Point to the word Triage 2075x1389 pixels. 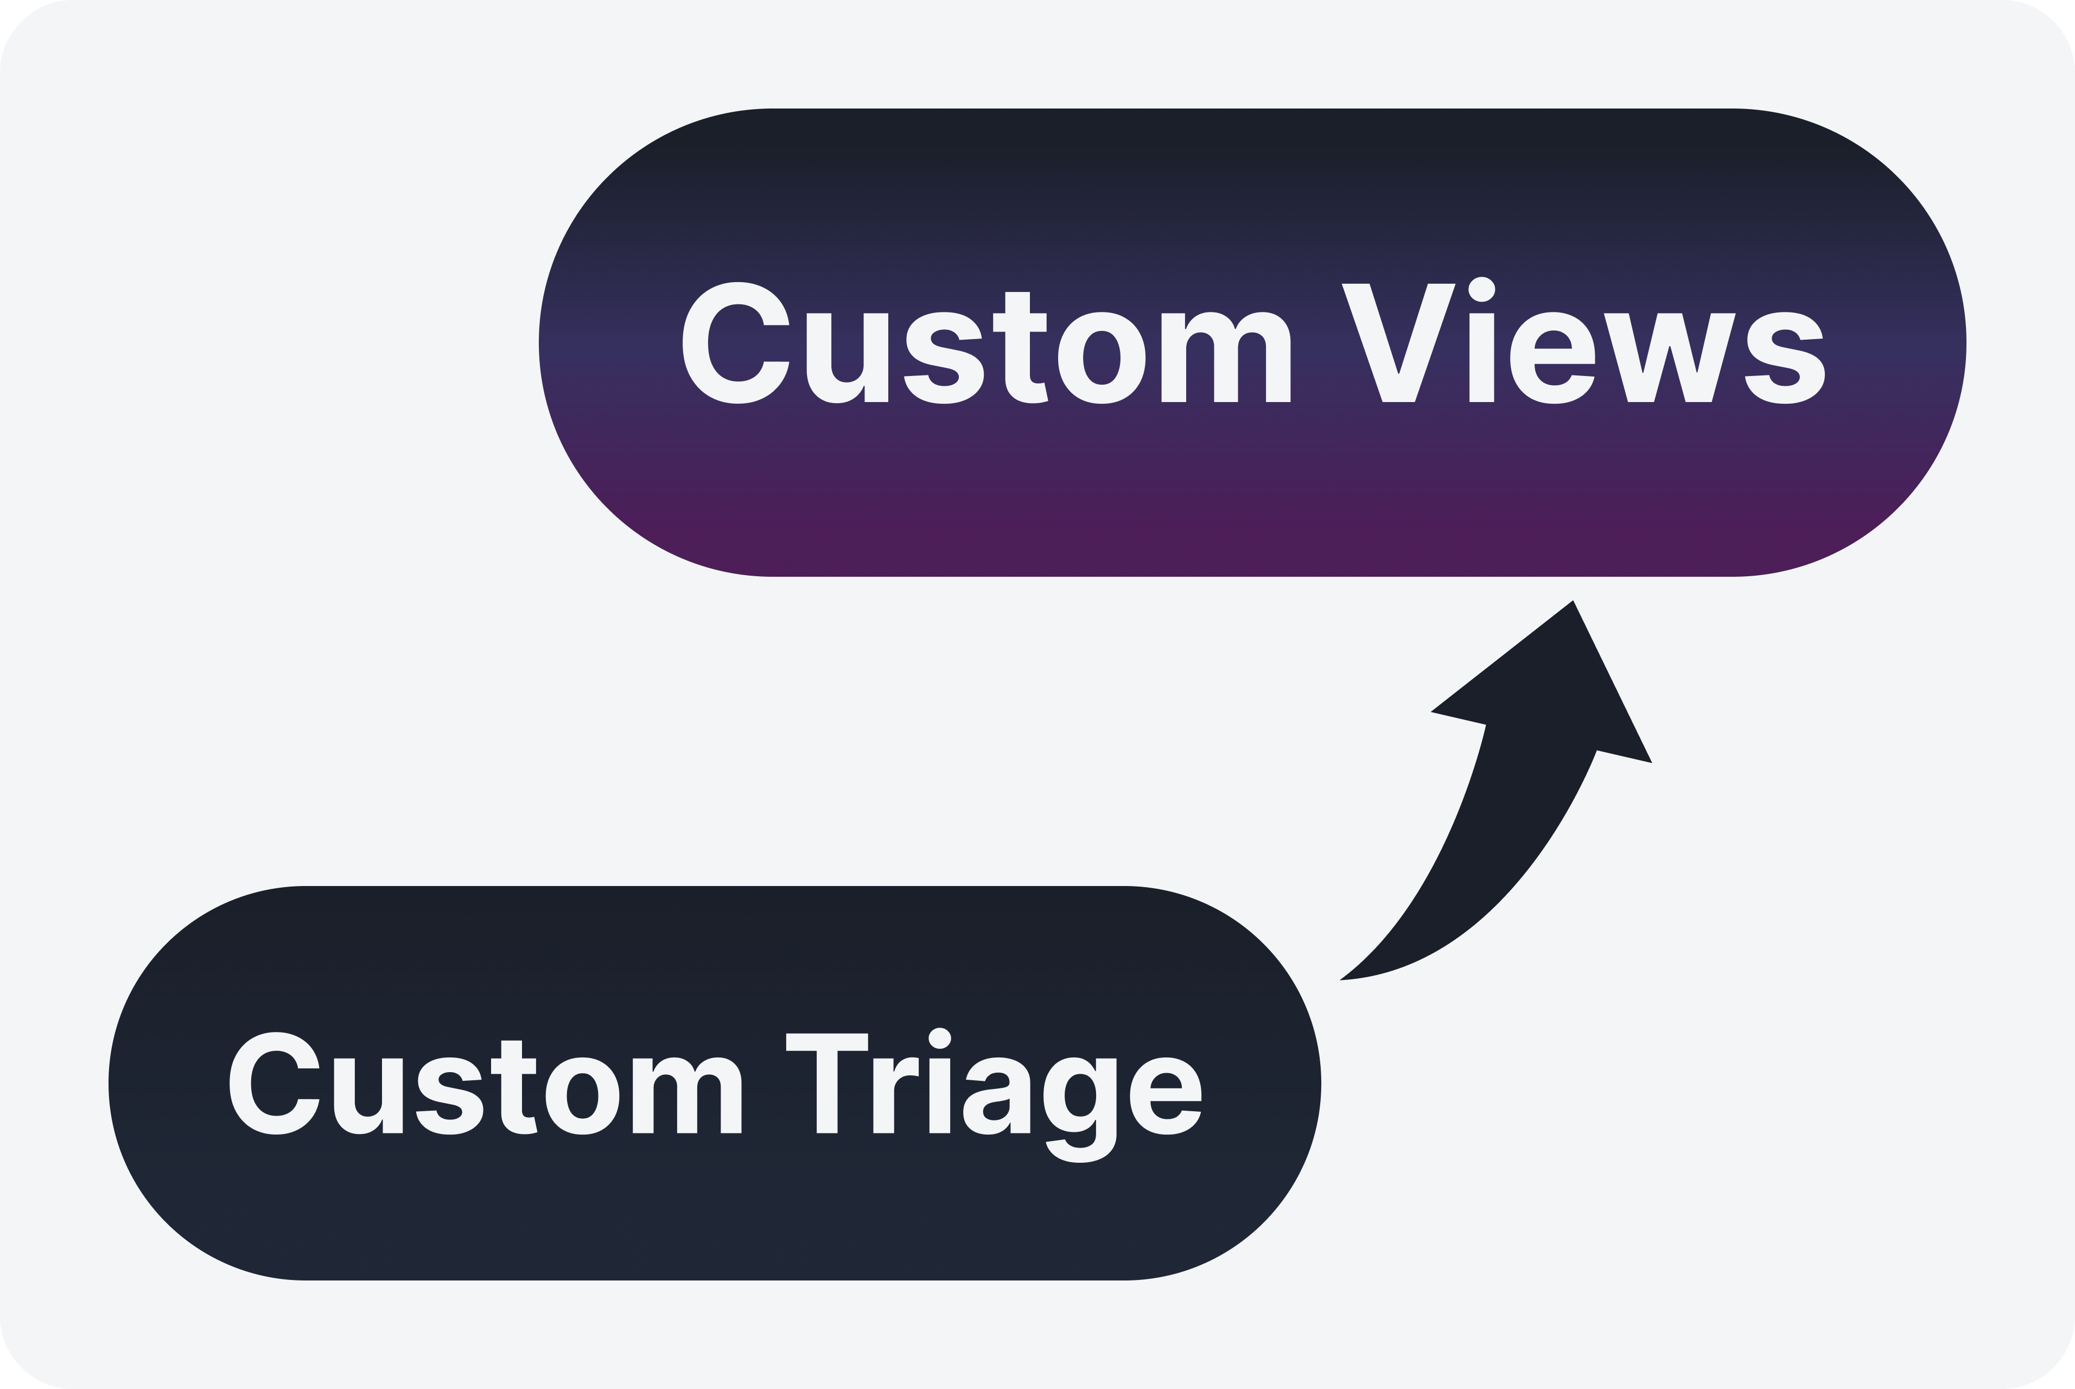coord(992,1088)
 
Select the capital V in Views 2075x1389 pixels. coord(1398,343)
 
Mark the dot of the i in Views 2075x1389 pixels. coord(1481,289)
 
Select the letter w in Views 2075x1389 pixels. coord(1669,358)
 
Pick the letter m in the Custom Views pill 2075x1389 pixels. coord(1225,358)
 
